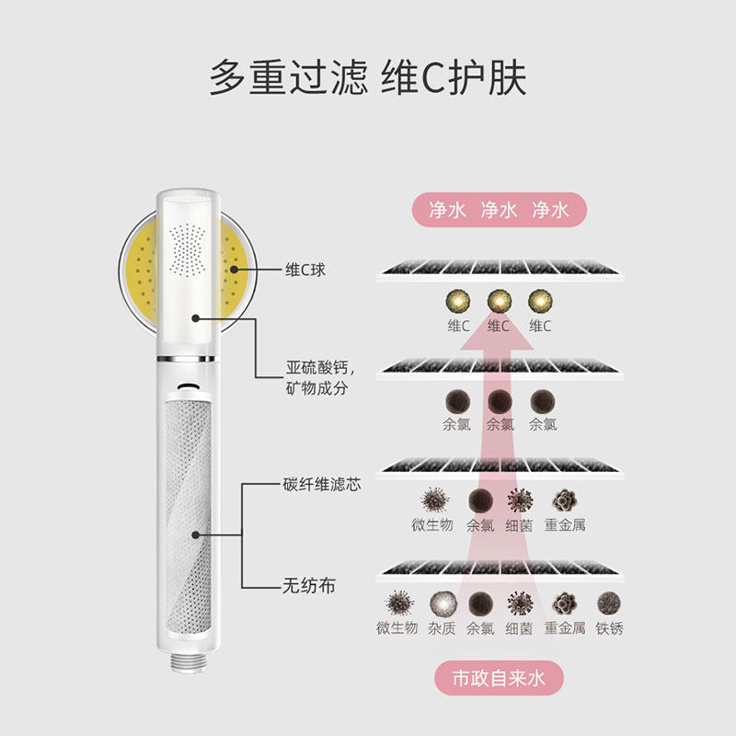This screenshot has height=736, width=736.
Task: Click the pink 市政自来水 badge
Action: (498, 679)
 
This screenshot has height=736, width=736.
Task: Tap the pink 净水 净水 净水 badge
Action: (498, 210)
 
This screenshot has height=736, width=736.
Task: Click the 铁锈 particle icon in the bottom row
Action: (608, 603)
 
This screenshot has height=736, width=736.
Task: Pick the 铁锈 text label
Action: (608, 628)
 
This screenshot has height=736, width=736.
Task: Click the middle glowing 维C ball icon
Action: (498, 301)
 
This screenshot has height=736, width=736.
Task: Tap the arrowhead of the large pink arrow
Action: (498, 331)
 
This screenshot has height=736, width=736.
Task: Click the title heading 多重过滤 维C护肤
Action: (368, 77)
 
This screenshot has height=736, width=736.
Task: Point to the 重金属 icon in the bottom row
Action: (565, 603)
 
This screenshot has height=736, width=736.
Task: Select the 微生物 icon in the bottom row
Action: (397, 603)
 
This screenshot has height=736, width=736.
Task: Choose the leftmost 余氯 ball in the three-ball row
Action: (455, 401)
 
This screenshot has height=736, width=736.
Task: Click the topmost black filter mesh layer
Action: (501, 270)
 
